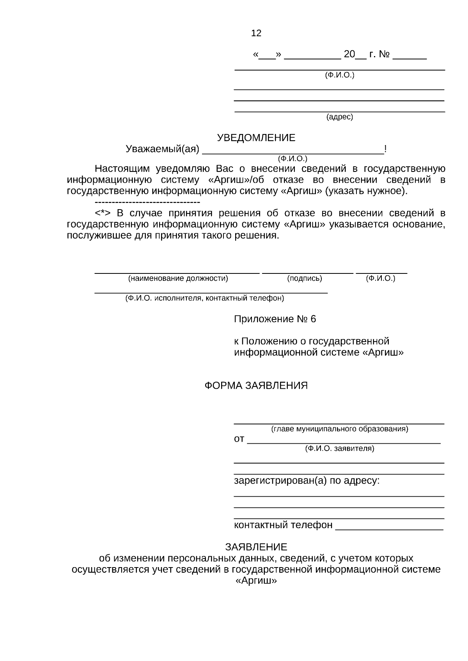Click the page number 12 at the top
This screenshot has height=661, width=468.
click(x=256, y=33)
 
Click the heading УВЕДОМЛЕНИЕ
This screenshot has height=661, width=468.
click(x=256, y=138)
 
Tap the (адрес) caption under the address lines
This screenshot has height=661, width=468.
click(x=339, y=117)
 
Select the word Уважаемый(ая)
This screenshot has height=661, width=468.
click(x=162, y=149)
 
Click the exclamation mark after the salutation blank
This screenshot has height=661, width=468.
click(x=385, y=149)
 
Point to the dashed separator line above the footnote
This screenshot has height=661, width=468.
click(x=147, y=203)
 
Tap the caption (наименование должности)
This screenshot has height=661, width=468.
click(x=178, y=279)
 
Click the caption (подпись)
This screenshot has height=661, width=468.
click(x=305, y=279)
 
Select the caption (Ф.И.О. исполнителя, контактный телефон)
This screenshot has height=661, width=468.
click(x=204, y=298)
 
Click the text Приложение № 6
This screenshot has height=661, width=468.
click(x=275, y=319)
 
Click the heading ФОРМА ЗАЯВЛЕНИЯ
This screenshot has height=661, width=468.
click(x=256, y=386)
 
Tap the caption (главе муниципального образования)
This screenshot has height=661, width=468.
click(x=339, y=429)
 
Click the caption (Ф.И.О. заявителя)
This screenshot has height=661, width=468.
click(x=339, y=449)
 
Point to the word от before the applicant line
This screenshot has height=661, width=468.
click(x=239, y=439)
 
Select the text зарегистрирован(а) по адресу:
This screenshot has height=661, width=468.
click(x=307, y=481)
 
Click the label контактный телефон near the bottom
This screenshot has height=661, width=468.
click(x=283, y=525)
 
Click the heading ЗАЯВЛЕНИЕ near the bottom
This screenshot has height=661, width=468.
click(x=256, y=547)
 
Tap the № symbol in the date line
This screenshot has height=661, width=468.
click(x=384, y=55)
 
